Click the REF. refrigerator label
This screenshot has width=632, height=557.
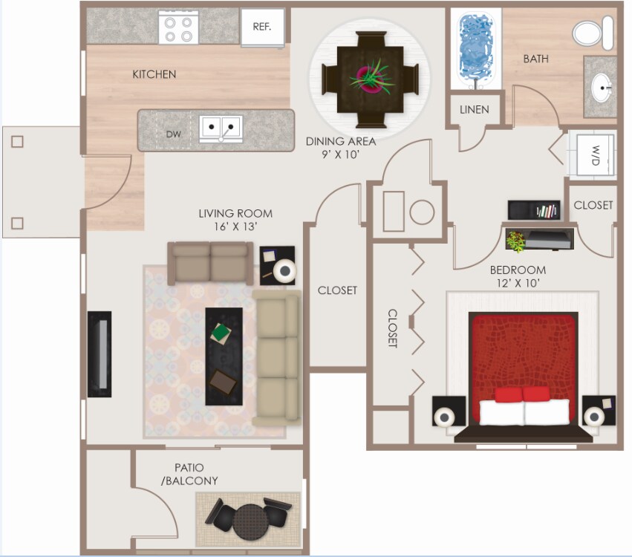point(262,27)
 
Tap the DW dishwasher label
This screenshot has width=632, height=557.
point(173,134)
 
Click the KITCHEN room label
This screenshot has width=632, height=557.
point(154,74)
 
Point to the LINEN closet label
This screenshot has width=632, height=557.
point(474,110)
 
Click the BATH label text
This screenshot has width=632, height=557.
point(535,59)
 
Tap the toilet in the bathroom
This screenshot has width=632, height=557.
point(592,33)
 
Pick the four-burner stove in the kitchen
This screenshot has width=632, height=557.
point(178,27)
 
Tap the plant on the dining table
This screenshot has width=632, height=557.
point(369,76)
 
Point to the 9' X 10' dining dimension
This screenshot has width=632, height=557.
point(341,155)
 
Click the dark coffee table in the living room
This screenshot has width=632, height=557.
point(224,356)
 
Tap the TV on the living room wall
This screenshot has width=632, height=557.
point(100,354)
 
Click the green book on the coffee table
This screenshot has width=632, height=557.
point(221,332)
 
